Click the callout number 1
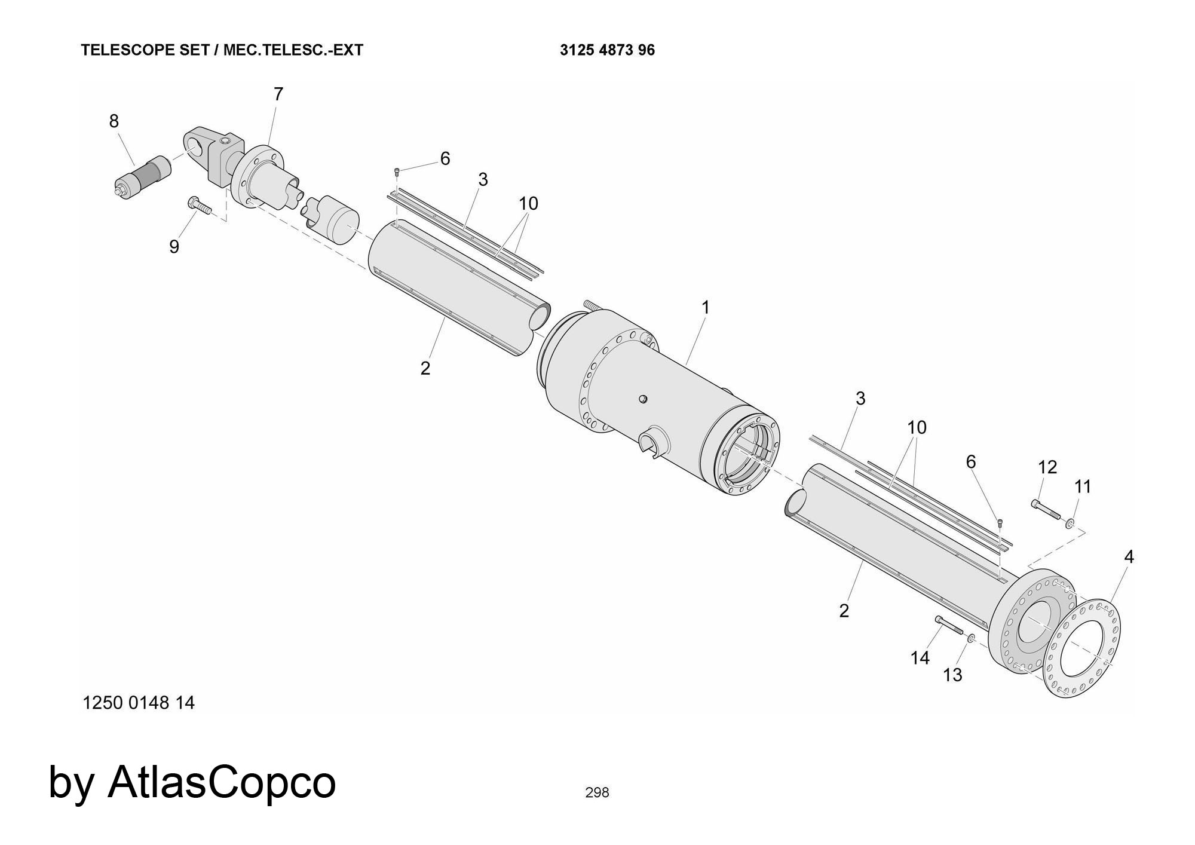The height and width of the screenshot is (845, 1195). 705,308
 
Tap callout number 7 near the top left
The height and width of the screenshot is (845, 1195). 278,94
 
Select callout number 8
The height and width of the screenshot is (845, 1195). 114,121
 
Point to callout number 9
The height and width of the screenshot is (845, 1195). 174,246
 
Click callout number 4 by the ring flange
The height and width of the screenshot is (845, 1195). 1129,556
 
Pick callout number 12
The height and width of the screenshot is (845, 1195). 1047,467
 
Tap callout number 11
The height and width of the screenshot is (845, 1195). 1083,487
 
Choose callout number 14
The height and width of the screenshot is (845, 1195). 920,657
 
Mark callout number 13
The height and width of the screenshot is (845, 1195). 952,675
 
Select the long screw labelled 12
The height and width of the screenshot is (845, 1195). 1045,509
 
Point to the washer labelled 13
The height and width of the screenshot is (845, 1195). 971,639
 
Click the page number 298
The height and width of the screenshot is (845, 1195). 597,792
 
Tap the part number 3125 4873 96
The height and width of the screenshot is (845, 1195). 607,50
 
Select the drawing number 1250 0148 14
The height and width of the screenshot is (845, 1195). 139,703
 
